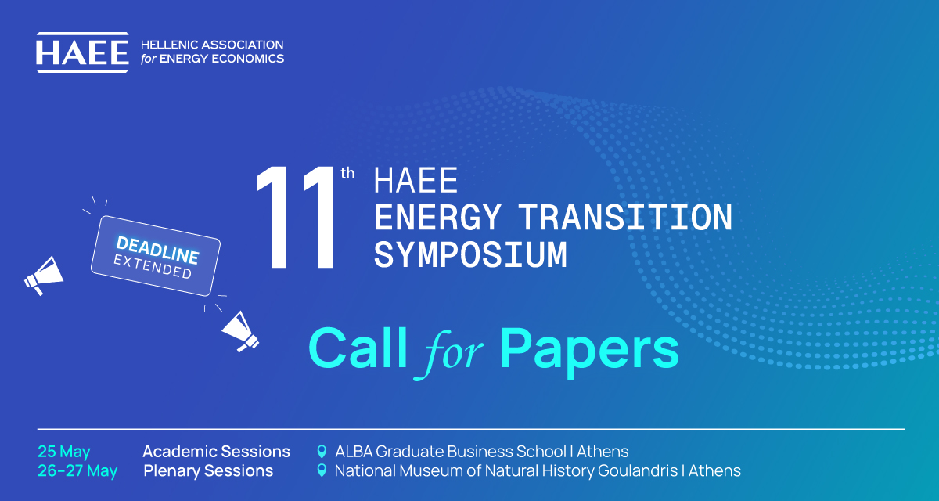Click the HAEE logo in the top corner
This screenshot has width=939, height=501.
click(x=83, y=52)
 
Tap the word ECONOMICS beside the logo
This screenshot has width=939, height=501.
click(x=248, y=59)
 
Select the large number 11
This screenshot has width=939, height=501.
click(x=296, y=217)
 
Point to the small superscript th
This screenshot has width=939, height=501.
click(x=347, y=173)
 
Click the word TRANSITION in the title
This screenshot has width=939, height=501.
click(x=625, y=218)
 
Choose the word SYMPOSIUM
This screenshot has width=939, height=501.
click(x=470, y=254)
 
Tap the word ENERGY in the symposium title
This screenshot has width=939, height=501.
click(x=437, y=218)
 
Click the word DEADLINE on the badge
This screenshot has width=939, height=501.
click(x=157, y=250)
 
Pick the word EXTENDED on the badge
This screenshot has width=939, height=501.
click(x=153, y=267)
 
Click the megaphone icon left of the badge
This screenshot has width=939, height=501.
click(x=44, y=275)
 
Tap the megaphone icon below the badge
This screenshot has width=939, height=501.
click(x=240, y=332)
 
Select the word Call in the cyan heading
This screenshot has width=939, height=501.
click(x=358, y=348)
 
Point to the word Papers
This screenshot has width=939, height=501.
click(x=589, y=351)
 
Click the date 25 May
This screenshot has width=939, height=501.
click(x=63, y=452)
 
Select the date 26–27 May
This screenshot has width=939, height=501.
click(x=77, y=470)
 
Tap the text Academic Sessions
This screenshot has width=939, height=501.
click(x=216, y=452)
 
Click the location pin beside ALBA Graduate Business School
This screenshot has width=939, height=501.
click(x=322, y=452)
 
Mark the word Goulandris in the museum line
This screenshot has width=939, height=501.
click(x=638, y=470)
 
